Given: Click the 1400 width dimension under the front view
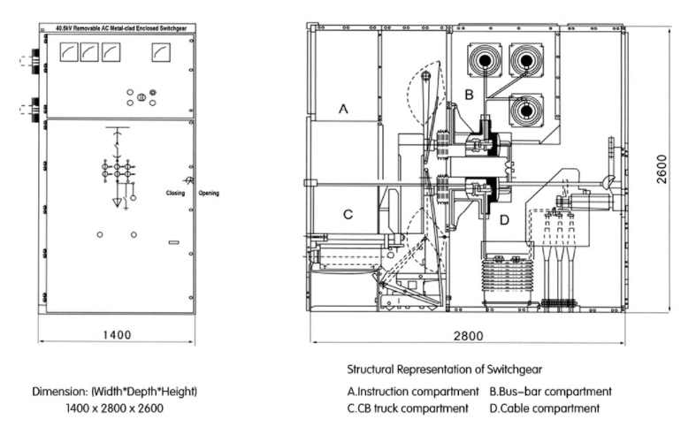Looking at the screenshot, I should coord(116,334).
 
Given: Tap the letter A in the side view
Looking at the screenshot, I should coord(344,110).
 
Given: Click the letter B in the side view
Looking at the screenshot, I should coord(470,93).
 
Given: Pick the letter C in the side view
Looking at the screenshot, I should coord(348,213).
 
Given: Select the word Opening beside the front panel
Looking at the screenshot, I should coord(210,192).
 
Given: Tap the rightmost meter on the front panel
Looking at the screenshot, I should coord(160,55).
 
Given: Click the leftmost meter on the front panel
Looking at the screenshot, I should coord(66,55).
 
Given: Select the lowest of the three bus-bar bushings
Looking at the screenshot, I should coord(526,112).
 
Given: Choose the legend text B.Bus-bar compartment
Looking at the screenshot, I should coord(550,392).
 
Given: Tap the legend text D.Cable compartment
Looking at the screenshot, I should coord(544,408).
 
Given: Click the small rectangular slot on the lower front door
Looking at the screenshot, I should coord(174,242).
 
